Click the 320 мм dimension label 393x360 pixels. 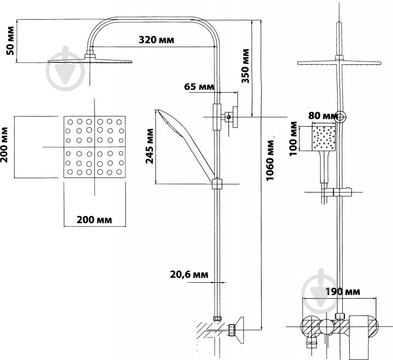pos(156,39)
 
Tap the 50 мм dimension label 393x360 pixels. pos(11,40)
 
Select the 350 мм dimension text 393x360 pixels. pos(245,66)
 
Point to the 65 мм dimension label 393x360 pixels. pos(199,87)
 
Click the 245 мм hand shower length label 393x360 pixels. pos(150,146)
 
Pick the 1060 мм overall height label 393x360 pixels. pos(270,160)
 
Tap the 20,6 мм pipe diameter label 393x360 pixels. pos(189,274)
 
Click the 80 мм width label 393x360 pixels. pos(323,116)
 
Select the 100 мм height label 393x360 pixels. pos(293,139)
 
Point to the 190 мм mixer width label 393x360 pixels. pos(343,292)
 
